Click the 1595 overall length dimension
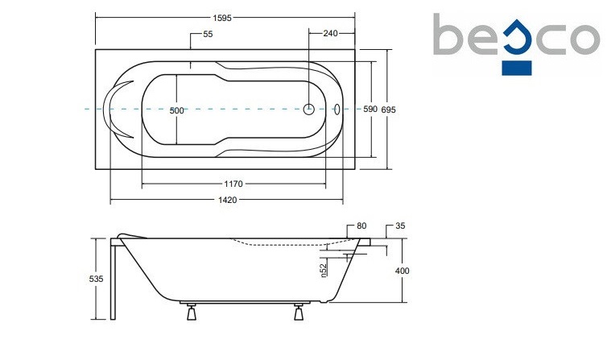click(222, 18)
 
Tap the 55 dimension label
click(208, 34)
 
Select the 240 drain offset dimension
click(330, 33)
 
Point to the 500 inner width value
click(176, 110)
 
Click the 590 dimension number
click(370, 110)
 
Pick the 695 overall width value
click(388, 110)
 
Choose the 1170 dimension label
click(233, 184)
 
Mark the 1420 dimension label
click(228, 200)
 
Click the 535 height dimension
click(96, 279)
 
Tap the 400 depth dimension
click(402, 271)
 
